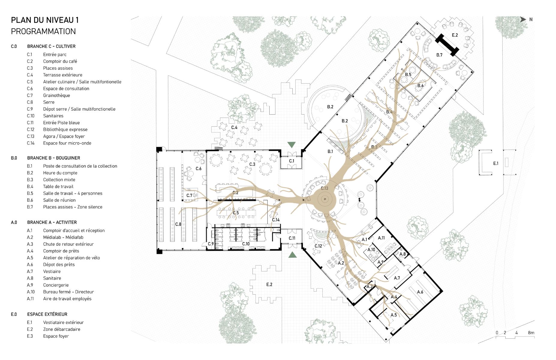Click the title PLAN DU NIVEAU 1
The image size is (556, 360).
click(x=45, y=20)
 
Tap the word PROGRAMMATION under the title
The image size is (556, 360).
click(x=43, y=31)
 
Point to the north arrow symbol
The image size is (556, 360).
click(x=523, y=19)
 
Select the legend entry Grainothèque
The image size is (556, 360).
click(x=56, y=95)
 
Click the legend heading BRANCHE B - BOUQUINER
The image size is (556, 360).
click(x=54, y=158)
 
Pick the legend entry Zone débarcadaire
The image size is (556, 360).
click(x=62, y=329)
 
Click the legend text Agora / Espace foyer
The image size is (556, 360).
click(x=64, y=136)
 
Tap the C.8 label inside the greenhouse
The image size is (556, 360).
click(x=178, y=224)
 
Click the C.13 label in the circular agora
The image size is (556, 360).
click(x=324, y=188)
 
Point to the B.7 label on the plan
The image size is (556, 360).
click(x=439, y=55)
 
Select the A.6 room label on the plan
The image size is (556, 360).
click(x=420, y=292)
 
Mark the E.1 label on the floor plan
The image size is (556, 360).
click(x=496, y=163)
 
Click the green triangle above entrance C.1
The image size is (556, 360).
click(x=291, y=145)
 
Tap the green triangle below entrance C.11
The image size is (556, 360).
click(x=292, y=255)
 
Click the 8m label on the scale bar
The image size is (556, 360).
click(x=531, y=333)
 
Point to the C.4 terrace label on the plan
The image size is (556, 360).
click(x=234, y=127)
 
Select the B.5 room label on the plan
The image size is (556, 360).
click(x=408, y=75)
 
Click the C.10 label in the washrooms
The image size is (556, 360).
click(x=246, y=244)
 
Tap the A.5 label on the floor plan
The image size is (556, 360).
click(x=394, y=315)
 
